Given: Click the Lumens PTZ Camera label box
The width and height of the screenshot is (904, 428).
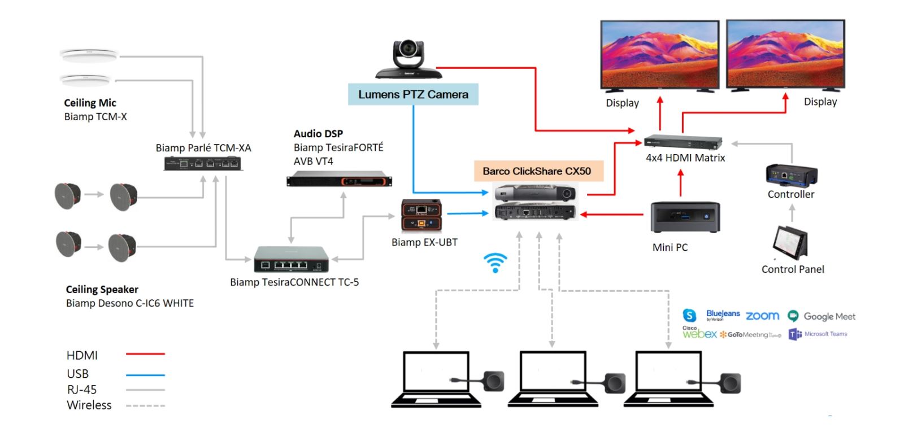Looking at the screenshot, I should coord(413,94).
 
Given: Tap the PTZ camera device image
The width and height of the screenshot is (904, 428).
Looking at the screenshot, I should coord(408,60).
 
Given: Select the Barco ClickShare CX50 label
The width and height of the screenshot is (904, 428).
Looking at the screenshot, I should coord(537,171).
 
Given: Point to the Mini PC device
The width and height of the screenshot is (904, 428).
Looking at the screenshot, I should coord(685,217).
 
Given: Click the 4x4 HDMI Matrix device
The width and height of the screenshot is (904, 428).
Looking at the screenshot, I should coord(683,142).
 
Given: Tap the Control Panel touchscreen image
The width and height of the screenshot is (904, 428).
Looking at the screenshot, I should coord(790,242).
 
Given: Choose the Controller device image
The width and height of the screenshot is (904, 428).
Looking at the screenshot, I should coord(791,176).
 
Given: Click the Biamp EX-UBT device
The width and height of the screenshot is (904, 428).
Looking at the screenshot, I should coord(421,216).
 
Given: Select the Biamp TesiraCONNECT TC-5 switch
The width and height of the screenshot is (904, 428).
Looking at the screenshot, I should coord(292,260).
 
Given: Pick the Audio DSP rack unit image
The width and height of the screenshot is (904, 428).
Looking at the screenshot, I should coord(339,181).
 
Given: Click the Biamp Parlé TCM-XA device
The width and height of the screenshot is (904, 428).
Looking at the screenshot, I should coord(203,164).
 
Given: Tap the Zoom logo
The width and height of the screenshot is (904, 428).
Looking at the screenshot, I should coord(762,316).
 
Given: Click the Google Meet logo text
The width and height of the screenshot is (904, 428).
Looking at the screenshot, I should coord(829,317).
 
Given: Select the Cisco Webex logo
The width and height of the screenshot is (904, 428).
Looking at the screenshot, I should coord(699,333).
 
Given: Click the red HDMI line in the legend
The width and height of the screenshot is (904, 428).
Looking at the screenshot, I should coord(145,354).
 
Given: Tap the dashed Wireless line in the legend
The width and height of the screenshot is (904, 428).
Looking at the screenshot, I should coord(145,405).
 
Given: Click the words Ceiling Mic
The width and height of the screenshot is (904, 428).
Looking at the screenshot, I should coord(90,103).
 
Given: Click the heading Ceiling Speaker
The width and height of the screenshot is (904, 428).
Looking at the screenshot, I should coord(102,289).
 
